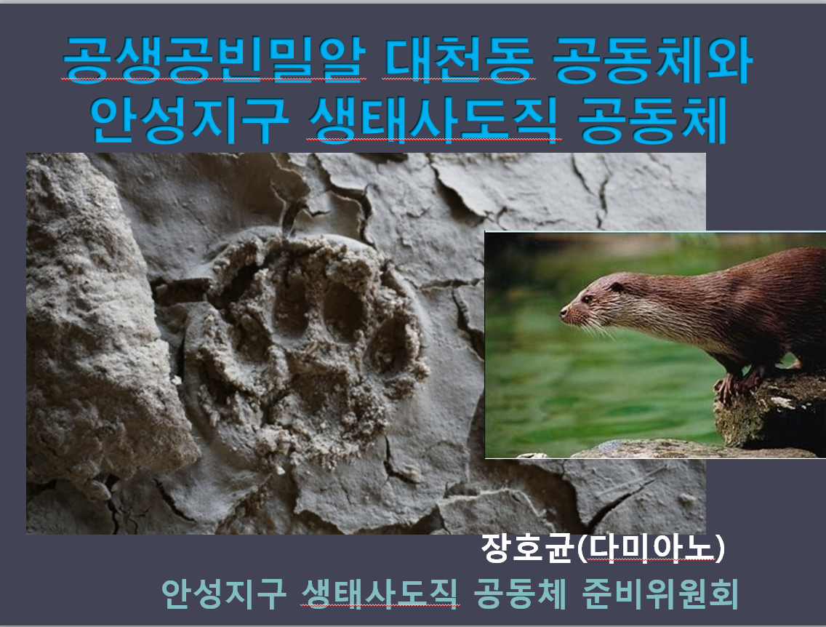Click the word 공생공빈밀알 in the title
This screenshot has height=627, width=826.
[x=214, y=59]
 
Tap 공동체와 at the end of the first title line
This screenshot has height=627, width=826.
[x=653, y=59]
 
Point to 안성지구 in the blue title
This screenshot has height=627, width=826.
[x=189, y=120]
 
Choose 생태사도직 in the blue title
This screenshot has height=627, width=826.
[x=433, y=120]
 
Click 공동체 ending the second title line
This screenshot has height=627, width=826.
[x=653, y=120]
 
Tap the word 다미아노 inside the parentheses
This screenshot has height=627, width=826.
[x=651, y=548]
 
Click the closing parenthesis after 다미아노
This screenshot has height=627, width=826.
[x=720, y=548]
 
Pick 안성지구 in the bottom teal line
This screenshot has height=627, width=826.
[x=224, y=594]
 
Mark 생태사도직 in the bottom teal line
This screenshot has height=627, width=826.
[x=380, y=594]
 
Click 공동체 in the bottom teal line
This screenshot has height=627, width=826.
[x=520, y=594]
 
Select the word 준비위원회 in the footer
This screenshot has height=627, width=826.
[x=660, y=594]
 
